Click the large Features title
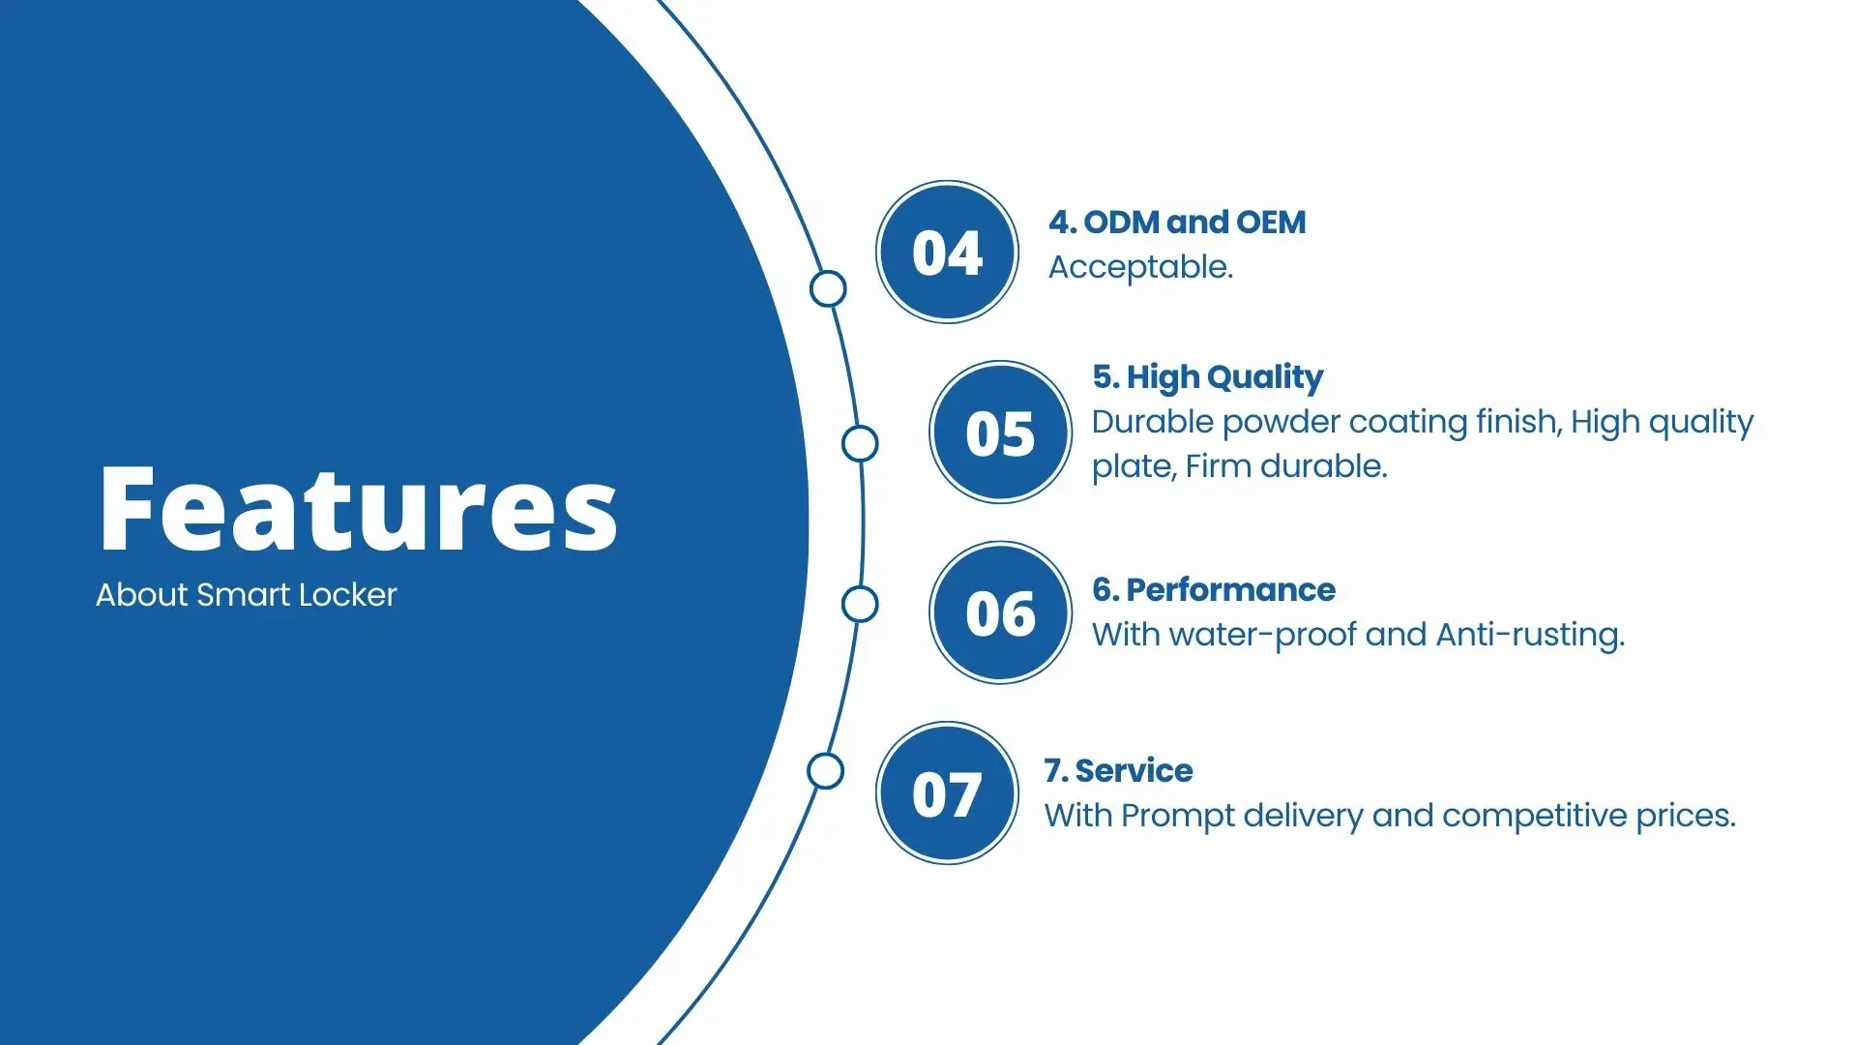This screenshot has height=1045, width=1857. click(x=357, y=509)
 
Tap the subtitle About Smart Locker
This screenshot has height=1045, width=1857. click(x=246, y=594)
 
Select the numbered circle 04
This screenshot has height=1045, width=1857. click(x=947, y=253)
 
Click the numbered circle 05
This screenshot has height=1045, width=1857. click(x=1000, y=433)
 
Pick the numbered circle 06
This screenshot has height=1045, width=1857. click(x=1000, y=612)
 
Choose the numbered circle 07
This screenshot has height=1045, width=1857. click(x=947, y=793)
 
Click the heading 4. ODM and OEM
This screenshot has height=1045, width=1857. click(x=1177, y=223)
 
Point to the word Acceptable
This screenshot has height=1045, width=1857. click(x=1140, y=267)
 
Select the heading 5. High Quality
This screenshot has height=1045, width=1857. click(x=1207, y=376)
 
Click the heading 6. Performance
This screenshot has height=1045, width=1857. click(x=1213, y=589)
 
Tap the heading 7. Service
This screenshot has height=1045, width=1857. click(x=1118, y=770)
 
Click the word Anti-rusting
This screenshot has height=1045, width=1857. click(x=1529, y=635)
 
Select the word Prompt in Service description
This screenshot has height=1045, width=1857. click(x=1178, y=816)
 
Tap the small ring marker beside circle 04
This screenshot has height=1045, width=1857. click(x=828, y=288)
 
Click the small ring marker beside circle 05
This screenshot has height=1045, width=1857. click(x=860, y=444)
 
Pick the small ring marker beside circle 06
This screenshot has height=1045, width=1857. click(x=860, y=604)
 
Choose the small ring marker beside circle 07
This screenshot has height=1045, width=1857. click(x=825, y=771)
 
